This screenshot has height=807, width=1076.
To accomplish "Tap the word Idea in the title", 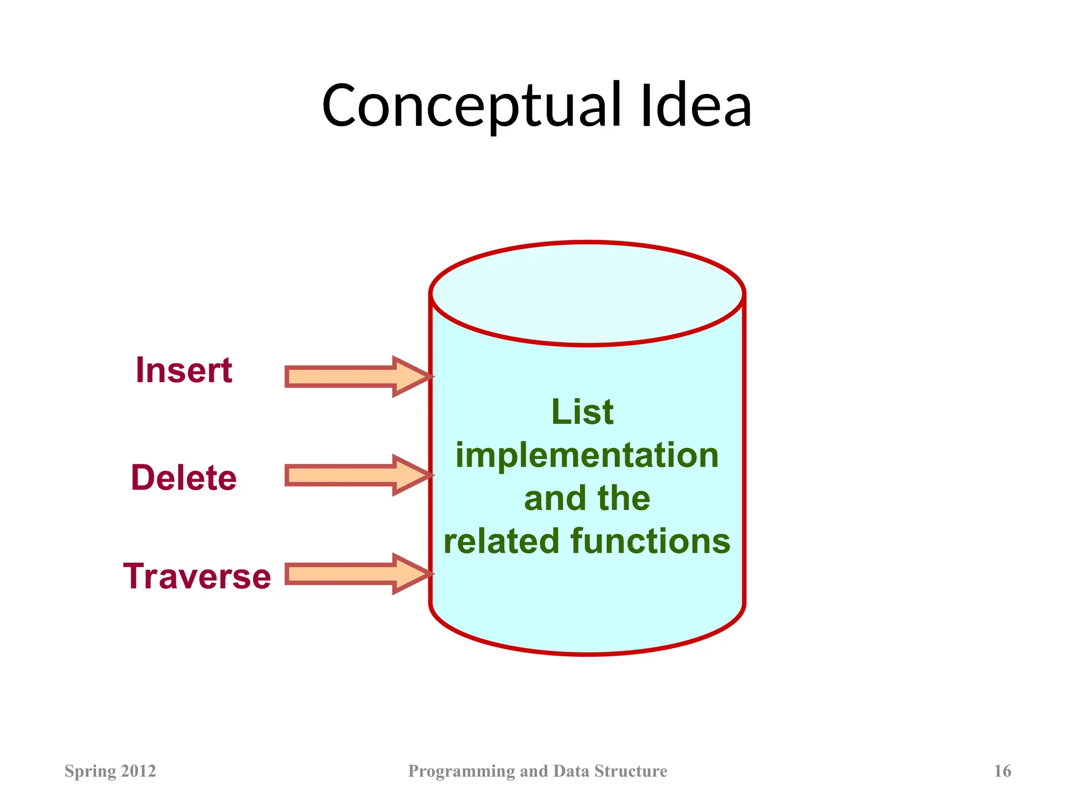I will coord(696,107).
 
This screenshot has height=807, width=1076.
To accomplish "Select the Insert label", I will coord(184,370).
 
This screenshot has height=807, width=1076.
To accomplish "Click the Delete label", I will coord(184,478).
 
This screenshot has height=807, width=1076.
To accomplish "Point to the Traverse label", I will coord(197,576).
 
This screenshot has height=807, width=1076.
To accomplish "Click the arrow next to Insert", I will coord(357,377).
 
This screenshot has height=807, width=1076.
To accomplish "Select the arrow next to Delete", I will coord(357,475).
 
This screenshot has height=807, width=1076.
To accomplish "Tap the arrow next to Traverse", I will coord(357,574).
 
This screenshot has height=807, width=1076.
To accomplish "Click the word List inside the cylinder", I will coord(582,412).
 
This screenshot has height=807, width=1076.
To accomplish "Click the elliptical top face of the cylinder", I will coord(587,294).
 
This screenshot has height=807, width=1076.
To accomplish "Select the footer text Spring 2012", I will coord(110,771).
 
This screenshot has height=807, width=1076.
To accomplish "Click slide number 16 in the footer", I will coord(1002,771).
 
